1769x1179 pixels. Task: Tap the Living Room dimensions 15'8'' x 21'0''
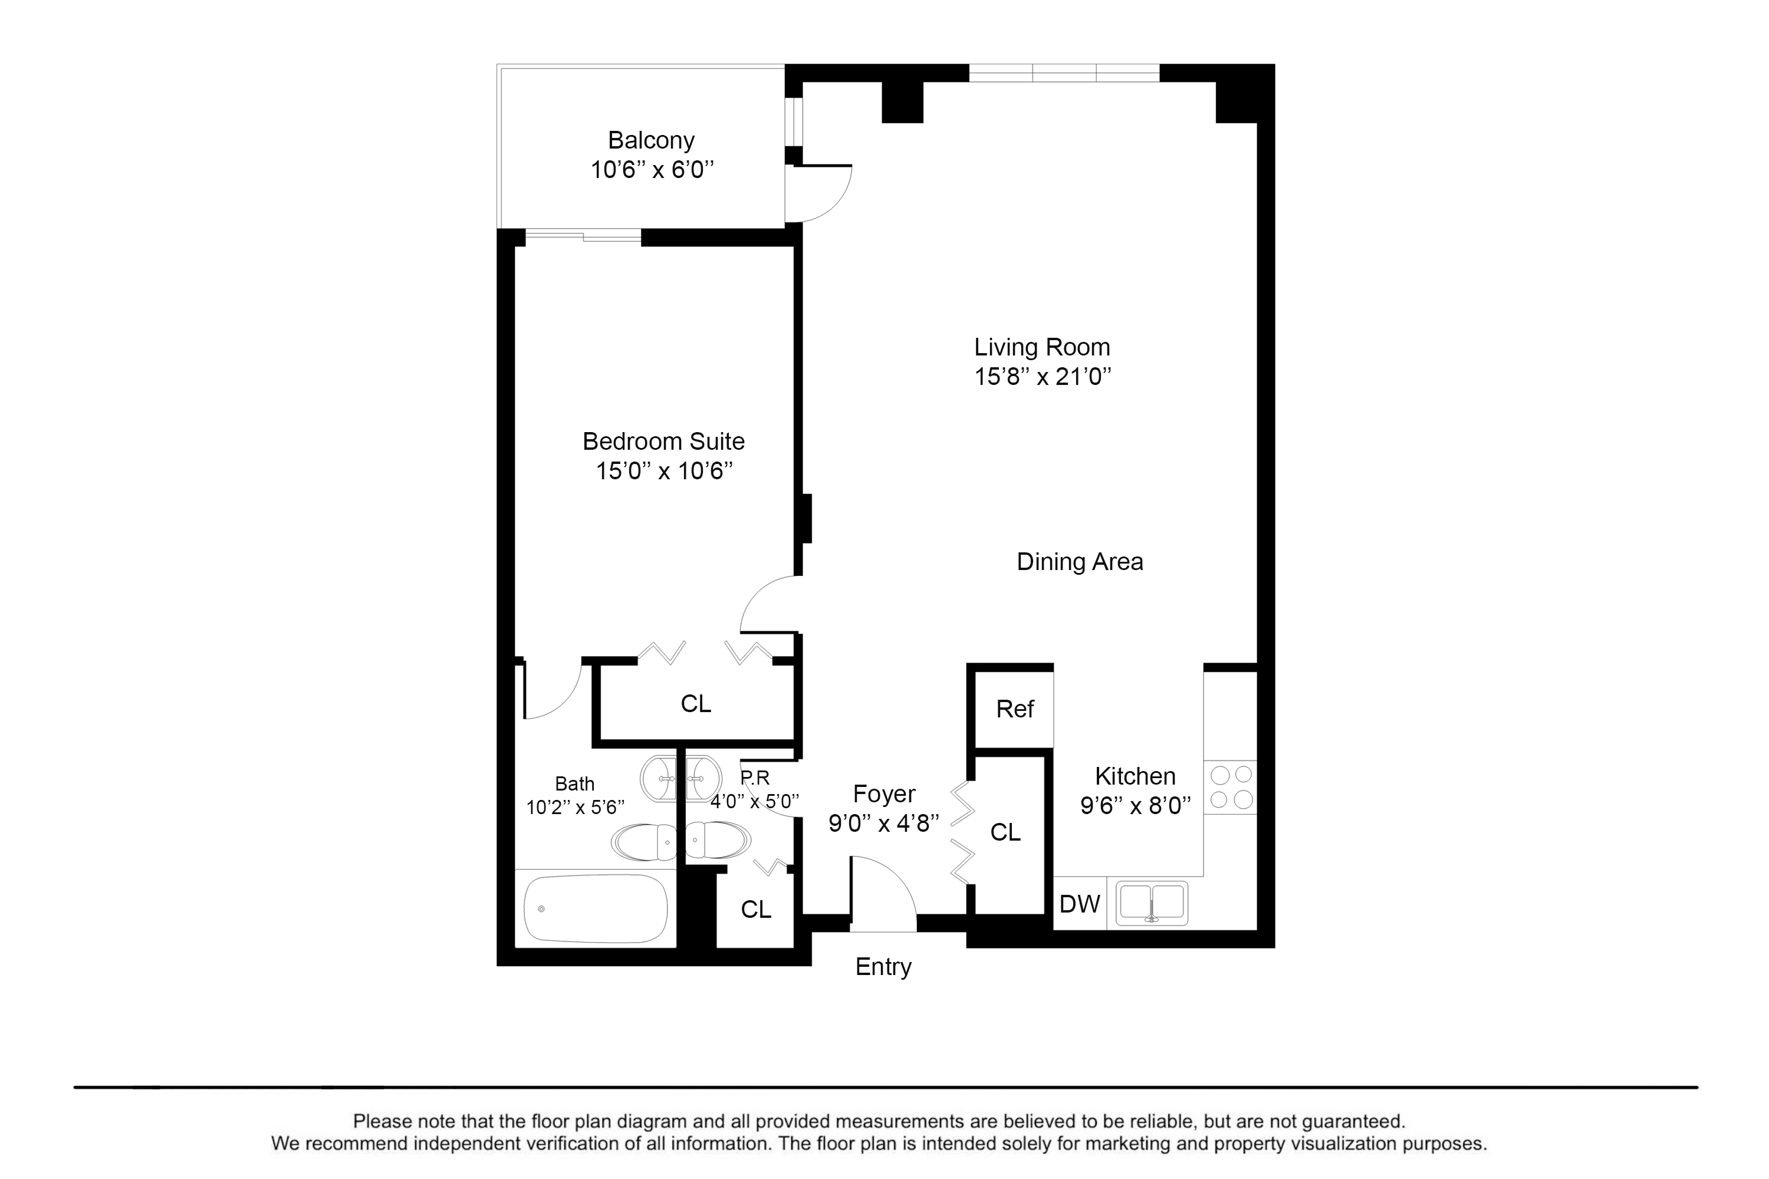coord(1043,376)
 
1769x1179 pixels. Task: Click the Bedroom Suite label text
coord(663,442)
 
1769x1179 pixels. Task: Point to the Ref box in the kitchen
coord(1015,709)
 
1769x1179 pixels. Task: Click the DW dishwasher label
coord(1079,904)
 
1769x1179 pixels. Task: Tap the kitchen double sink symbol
coord(1151,903)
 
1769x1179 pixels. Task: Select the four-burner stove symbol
coord(1231,786)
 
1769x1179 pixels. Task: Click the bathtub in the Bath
coord(596,908)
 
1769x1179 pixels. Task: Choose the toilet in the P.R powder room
coord(717,840)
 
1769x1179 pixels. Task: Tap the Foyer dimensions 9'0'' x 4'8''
coord(884,824)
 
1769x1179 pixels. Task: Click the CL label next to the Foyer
coord(1005,832)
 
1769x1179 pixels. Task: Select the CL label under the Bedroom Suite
coord(695,704)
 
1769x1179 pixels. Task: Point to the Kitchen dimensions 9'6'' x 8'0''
coord(1135,806)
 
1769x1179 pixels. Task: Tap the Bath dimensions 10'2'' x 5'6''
coord(576,808)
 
